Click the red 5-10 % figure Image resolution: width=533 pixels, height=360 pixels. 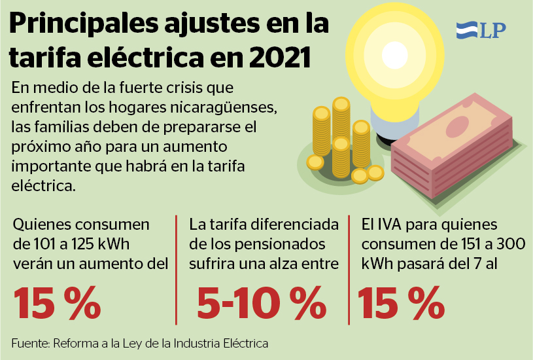point(262,302)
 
